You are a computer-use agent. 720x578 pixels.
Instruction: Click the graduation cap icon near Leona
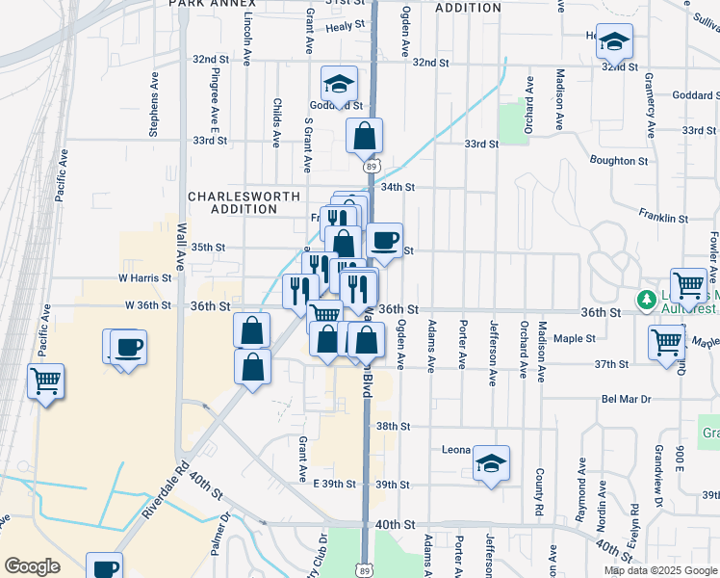pyautogui.click(x=491, y=463)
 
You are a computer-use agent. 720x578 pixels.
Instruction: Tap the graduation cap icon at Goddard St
pyautogui.click(x=339, y=83)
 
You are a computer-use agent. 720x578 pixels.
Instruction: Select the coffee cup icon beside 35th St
pyautogui.click(x=384, y=240)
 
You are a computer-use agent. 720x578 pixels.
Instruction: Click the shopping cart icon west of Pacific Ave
pyautogui.click(x=45, y=381)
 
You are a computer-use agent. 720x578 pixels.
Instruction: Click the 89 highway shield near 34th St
pyautogui.click(x=372, y=167)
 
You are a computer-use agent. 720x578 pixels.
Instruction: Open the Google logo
pyautogui.click(x=33, y=566)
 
